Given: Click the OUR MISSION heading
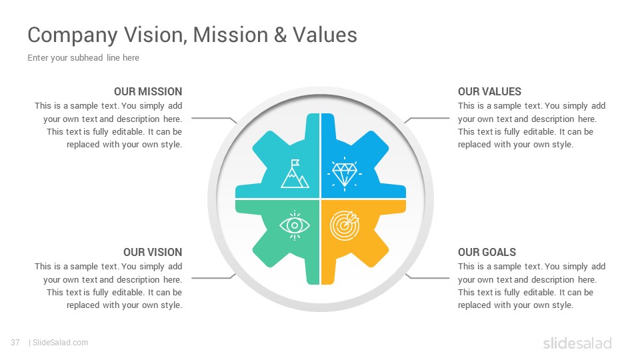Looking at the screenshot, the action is coord(148,91).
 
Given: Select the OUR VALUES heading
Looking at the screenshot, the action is coord(489,91).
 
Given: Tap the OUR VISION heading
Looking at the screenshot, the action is coord(153,252).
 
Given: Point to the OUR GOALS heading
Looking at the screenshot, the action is coord(487,252).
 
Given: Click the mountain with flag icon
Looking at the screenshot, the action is coord(295,174).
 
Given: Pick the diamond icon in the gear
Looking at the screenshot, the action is coord(345,174).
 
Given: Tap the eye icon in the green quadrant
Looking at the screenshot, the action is coord(295,225).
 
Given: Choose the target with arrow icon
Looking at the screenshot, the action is coord(345,225).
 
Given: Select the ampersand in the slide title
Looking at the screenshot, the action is coord(281,35).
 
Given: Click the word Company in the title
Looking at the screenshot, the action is coord(73,35).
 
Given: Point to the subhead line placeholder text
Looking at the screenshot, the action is coord(83,58).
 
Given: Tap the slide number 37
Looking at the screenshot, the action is coord(15,343).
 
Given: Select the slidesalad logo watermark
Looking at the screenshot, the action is coord(577,343).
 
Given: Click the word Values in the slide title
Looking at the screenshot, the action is coord(325,35).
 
